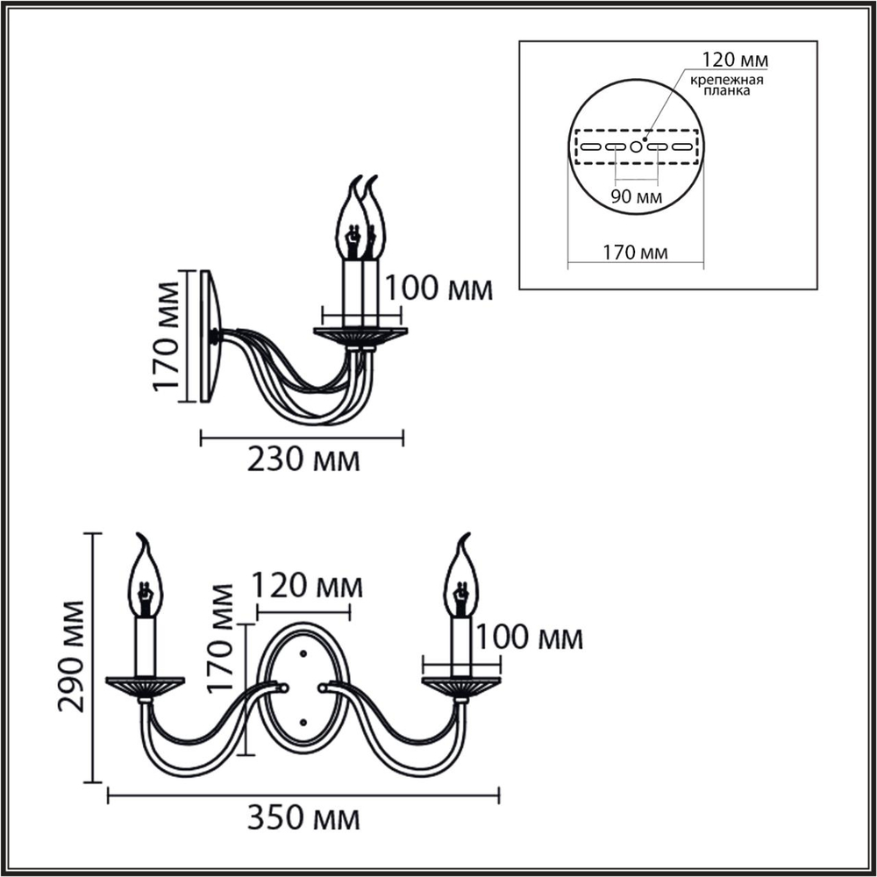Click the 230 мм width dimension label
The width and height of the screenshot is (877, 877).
tap(303, 460)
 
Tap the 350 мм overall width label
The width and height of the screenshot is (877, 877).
tap(303, 819)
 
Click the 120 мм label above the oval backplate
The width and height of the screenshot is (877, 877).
tap(307, 585)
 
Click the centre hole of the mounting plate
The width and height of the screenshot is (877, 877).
tap(637, 146)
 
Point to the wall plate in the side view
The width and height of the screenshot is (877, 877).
tap(210, 337)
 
